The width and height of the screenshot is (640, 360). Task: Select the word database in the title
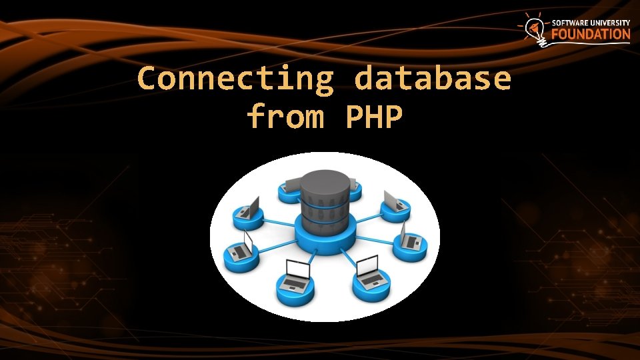coord(433,79)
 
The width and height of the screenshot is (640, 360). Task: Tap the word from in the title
coord(285,117)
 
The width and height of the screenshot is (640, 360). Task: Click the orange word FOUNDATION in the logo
coord(590,34)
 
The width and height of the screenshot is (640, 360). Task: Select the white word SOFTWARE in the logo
coord(571,22)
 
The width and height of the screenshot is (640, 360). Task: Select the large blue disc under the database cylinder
coord(324,240)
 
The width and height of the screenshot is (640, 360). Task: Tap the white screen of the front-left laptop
coord(297,269)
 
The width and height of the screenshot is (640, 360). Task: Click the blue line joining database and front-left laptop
coord(306,257)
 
